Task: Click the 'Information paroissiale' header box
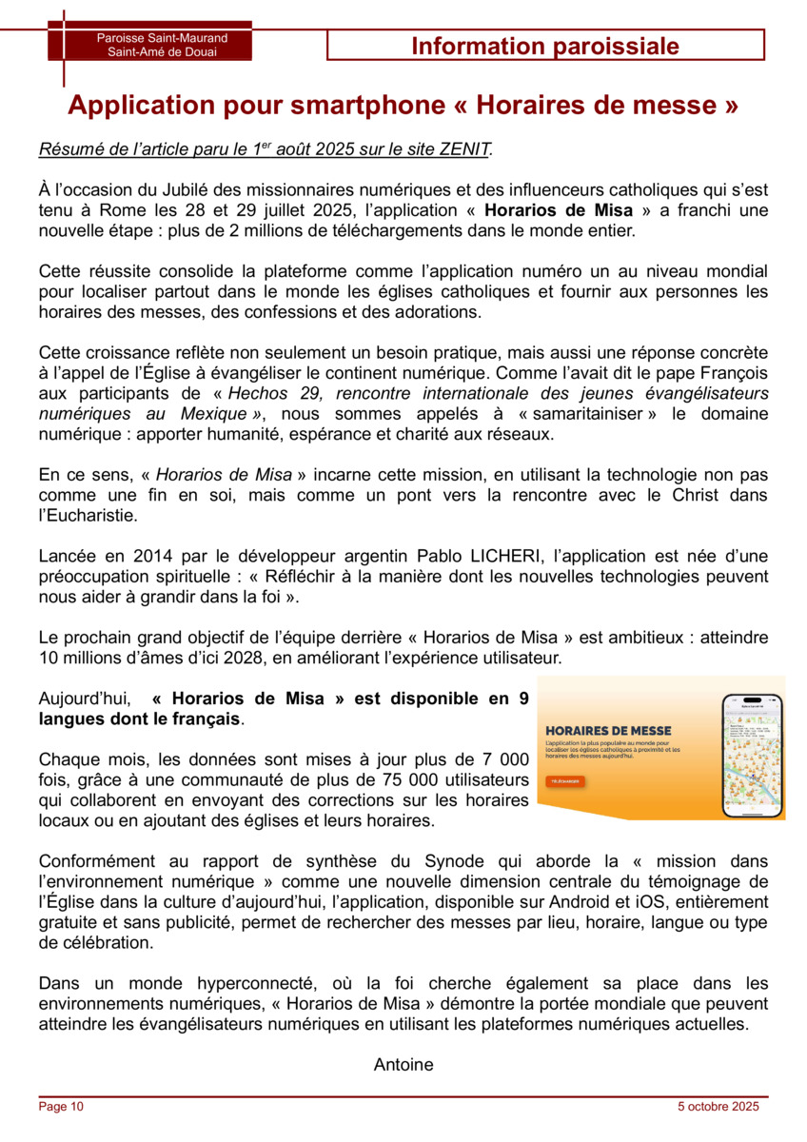[x=545, y=46]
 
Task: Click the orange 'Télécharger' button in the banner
[x=566, y=781]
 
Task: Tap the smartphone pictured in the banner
[x=752, y=749]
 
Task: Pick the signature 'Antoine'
[x=403, y=1065]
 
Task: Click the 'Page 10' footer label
[x=61, y=1107]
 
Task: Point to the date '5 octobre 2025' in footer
[x=718, y=1107]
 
